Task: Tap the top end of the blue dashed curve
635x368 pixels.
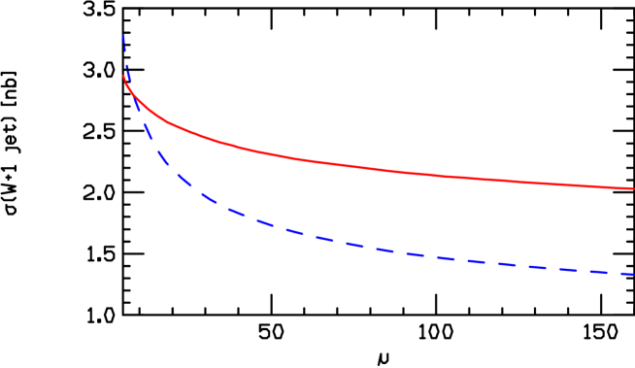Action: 123,36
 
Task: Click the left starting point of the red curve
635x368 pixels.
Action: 123,76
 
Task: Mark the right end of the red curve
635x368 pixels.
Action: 633,188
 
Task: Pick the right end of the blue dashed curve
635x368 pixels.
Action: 633,275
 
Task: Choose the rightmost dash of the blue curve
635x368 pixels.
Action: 620,273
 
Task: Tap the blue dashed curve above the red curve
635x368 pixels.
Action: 125,53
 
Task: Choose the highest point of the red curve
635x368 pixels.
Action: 123,76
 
